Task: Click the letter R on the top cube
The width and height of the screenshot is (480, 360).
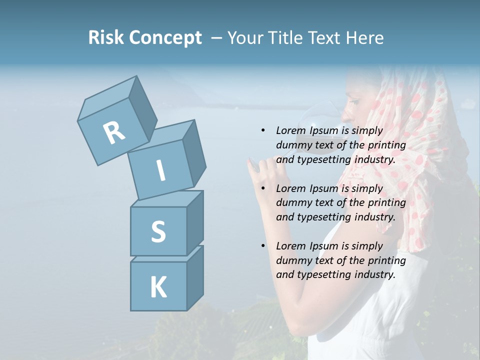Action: point(114,132)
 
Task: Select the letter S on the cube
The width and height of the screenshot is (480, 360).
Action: point(158,231)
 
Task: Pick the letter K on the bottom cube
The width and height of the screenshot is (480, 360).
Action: point(158,287)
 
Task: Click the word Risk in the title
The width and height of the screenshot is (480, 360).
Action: point(105,38)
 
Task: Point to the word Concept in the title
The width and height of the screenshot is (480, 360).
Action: point(165,38)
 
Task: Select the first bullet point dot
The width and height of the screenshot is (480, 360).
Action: point(263,130)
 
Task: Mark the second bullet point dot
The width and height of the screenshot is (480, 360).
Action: point(263,188)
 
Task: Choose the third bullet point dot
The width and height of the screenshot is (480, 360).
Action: point(263,246)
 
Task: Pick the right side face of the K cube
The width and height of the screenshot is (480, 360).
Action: point(195,277)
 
